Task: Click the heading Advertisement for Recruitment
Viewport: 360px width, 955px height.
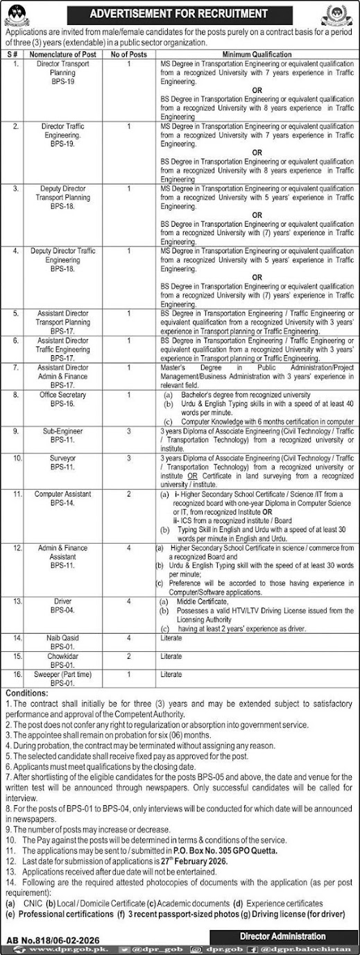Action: pos(180,12)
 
